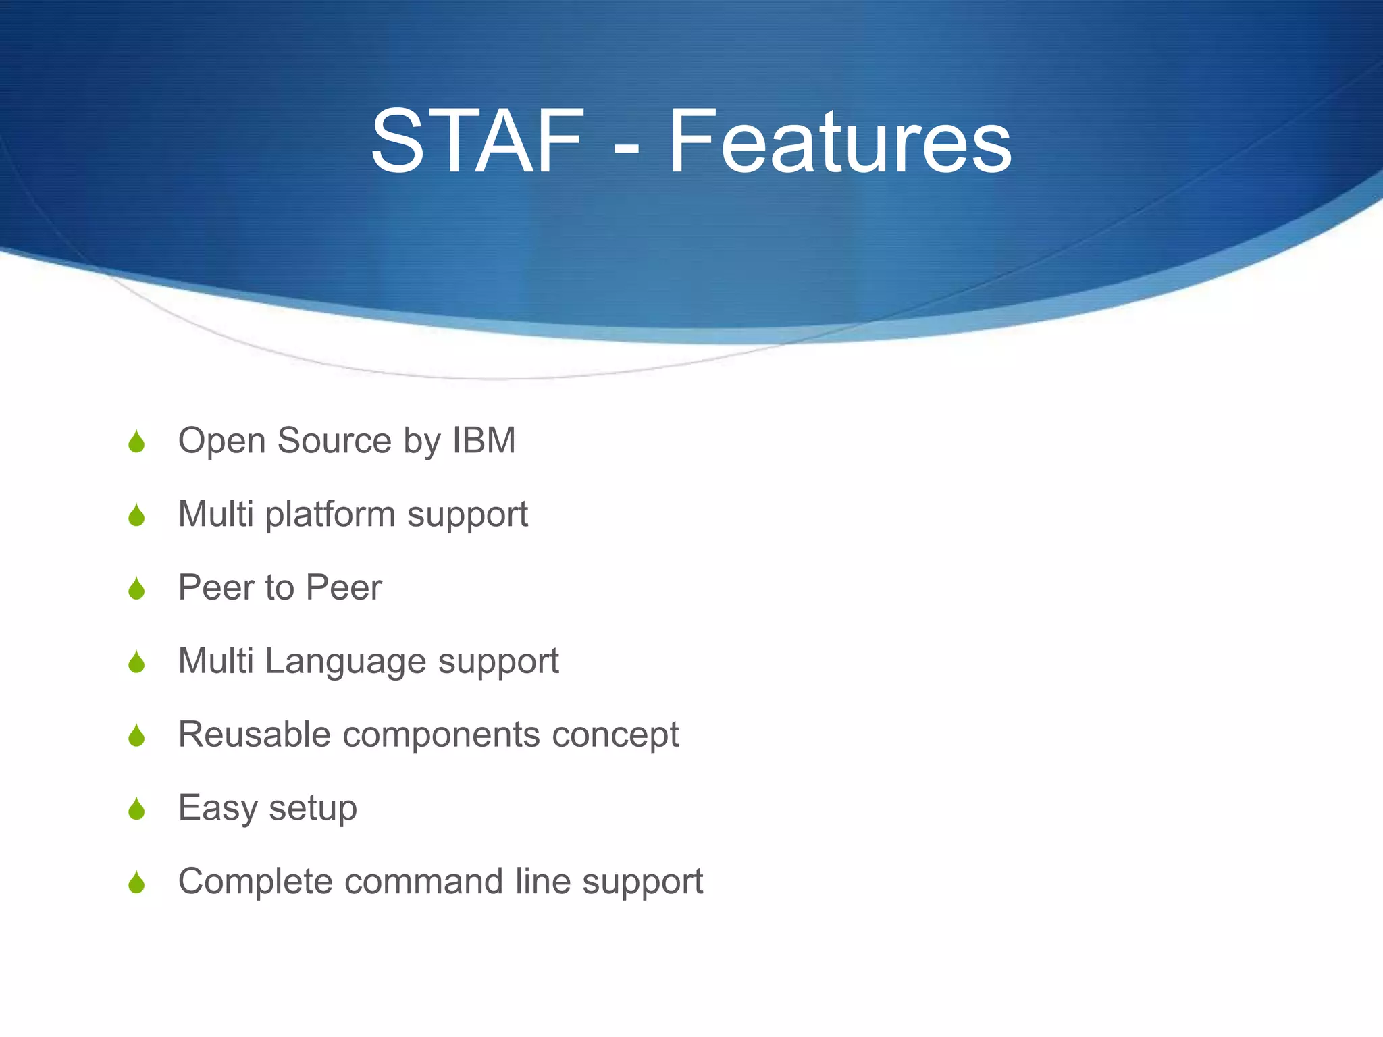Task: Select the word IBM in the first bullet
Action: pos(484,441)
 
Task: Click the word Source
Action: pos(334,441)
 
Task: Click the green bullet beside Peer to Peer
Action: pos(136,589)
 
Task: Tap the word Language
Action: pos(345,661)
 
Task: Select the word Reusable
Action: pos(254,735)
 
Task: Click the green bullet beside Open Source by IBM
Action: pos(136,442)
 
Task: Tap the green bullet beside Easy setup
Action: pos(136,809)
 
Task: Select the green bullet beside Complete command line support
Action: pos(136,883)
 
